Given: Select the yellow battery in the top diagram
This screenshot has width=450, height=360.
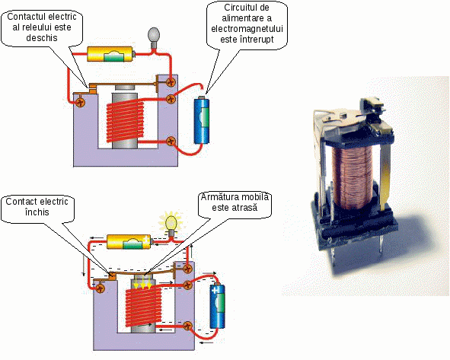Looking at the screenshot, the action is click(x=110, y=54).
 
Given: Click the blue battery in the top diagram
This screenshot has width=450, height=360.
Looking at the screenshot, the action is click(x=202, y=120).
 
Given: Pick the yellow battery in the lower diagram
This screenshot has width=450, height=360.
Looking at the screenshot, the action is click(x=129, y=241).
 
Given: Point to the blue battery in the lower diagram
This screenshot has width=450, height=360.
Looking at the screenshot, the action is click(x=218, y=306).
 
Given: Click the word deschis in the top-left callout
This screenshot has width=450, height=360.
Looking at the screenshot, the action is click(x=42, y=37).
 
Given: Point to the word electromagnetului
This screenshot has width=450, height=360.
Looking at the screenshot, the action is click(x=247, y=29).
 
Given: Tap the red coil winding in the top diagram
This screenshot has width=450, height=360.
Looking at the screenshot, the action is click(x=125, y=121).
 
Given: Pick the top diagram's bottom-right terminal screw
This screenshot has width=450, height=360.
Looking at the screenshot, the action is click(x=171, y=141).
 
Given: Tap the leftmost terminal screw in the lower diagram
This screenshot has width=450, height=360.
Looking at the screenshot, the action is click(x=100, y=288).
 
